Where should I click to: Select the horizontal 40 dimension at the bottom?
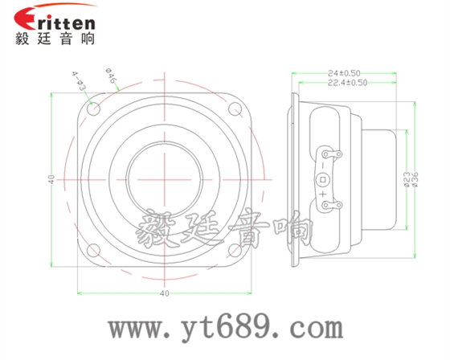click(165, 294)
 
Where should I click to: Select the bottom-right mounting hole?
click(237, 249)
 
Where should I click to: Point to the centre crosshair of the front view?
click(166, 178)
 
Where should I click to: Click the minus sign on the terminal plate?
click(323, 165)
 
